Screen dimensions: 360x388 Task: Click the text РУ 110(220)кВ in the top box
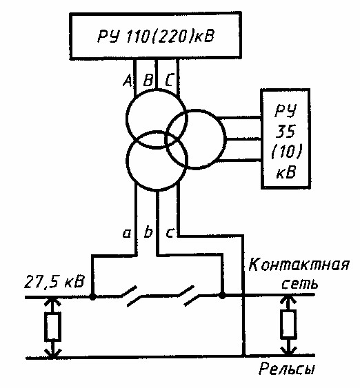pyautogui.click(x=156, y=37)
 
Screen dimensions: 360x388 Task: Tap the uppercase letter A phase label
pyautogui.click(x=128, y=81)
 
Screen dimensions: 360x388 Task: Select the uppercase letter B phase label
pyautogui.click(x=148, y=81)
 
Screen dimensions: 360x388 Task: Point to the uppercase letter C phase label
pyautogui.click(x=168, y=81)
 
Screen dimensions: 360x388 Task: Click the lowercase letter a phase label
pyautogui.click(x=126, y=234)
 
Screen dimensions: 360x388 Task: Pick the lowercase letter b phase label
pyautogui.click(x=148, y=232)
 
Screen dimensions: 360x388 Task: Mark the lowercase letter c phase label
pyautogui.click(x=170, y=234)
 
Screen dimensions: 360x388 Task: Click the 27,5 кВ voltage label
pyautogui.click(x=54, y=281)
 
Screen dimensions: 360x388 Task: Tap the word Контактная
pyautogui.click(x=299, y=265)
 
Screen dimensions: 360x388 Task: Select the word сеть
pyautogui.click(x=299, y=284)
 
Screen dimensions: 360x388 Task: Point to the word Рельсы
pyautogui.click(x=287, y=369)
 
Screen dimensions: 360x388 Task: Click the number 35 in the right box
pyautogui.click(x=286, y=131)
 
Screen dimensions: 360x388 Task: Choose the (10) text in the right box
pyautogui.click(x=287, y=151)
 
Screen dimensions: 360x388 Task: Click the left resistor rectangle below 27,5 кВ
pyautogui.click(x=52, y=327)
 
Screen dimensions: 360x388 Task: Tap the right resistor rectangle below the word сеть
pyautogui.click(x=288, y=324)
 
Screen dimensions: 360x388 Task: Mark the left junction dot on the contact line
pyautogui.click(x=93, y=296)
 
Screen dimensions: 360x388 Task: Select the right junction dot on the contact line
pyautogui.click(x=222, y=295)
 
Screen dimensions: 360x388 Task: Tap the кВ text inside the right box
pyautogui.click(x=286, y=172)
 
